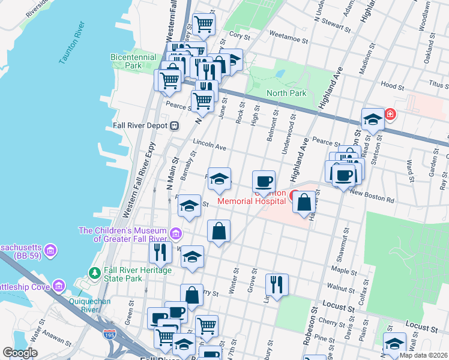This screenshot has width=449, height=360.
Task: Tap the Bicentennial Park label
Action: click(134, 61)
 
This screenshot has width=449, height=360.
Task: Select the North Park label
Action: click(286, 93)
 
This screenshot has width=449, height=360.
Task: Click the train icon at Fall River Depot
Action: click(175, 126)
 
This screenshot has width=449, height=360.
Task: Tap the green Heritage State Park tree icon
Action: click(94, 273)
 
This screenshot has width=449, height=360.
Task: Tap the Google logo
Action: click(20, 353)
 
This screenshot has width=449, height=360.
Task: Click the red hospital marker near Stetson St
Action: click(390, 113)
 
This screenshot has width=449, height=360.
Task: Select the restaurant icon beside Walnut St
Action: click(276, 284)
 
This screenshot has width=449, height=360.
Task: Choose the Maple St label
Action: click(343, 271)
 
